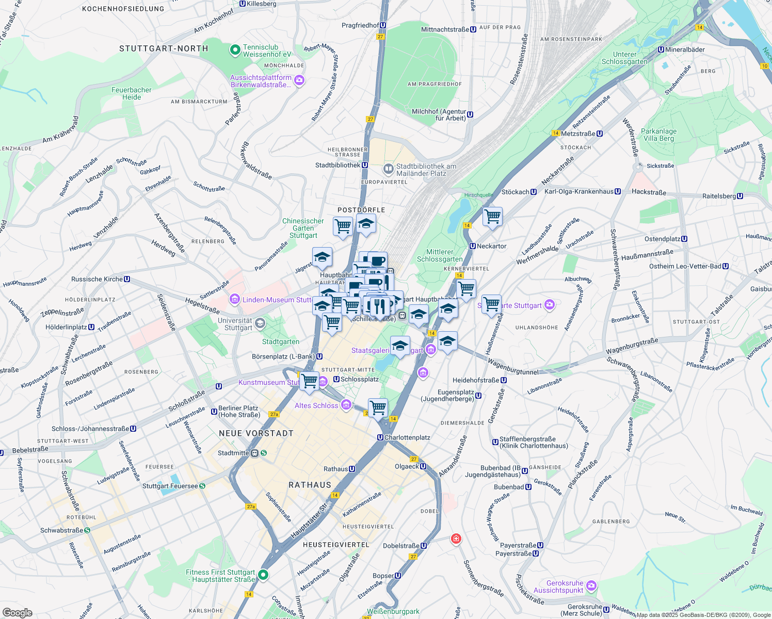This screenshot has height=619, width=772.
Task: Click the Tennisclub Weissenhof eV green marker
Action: coord(235,51)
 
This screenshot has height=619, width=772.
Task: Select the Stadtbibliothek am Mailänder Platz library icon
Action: coord(388,169)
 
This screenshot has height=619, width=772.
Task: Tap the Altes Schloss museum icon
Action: coord(346,405)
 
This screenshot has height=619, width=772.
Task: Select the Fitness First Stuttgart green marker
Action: coord(263,575)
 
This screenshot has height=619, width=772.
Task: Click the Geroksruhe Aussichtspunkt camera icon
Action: coord(591,586)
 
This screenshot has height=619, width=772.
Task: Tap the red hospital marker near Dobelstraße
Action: coord(456,539)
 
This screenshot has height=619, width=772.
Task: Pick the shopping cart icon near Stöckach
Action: coord(492,216)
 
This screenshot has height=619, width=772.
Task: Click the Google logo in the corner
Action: coord(17,612)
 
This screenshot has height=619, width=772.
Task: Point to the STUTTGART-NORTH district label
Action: coord(164,48)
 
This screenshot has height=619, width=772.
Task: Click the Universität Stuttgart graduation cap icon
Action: coord(260,323)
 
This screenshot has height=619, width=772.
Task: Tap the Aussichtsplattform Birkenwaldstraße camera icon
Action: coord(299,80)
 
